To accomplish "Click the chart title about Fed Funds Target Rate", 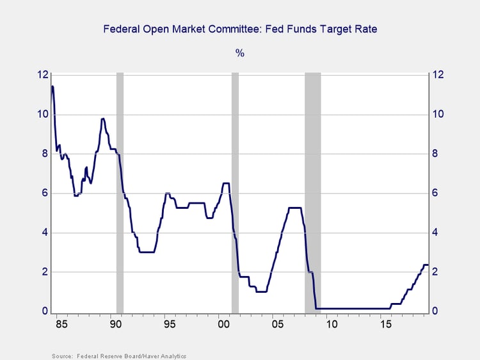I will click(x=240, y=29).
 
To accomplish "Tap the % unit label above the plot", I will click(x=240, y=53).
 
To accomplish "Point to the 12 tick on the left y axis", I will click(x=43, y=75).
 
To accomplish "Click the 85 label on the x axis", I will click(x=61, y=325).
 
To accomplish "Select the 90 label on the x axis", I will click(x=115, y=325).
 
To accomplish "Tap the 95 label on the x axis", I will click(x=169, y=325).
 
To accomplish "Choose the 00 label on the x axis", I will click(x=223, y=325).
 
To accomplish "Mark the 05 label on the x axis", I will click(x=277, y=325).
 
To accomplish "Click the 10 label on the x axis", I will click(x=331, y=325).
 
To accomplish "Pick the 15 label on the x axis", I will click(x=385, y=325).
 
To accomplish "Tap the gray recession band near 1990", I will click(x=120, y=192).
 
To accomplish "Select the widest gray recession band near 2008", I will click(x=312, y=192).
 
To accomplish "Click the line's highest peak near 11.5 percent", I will click(x=52, y=86).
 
